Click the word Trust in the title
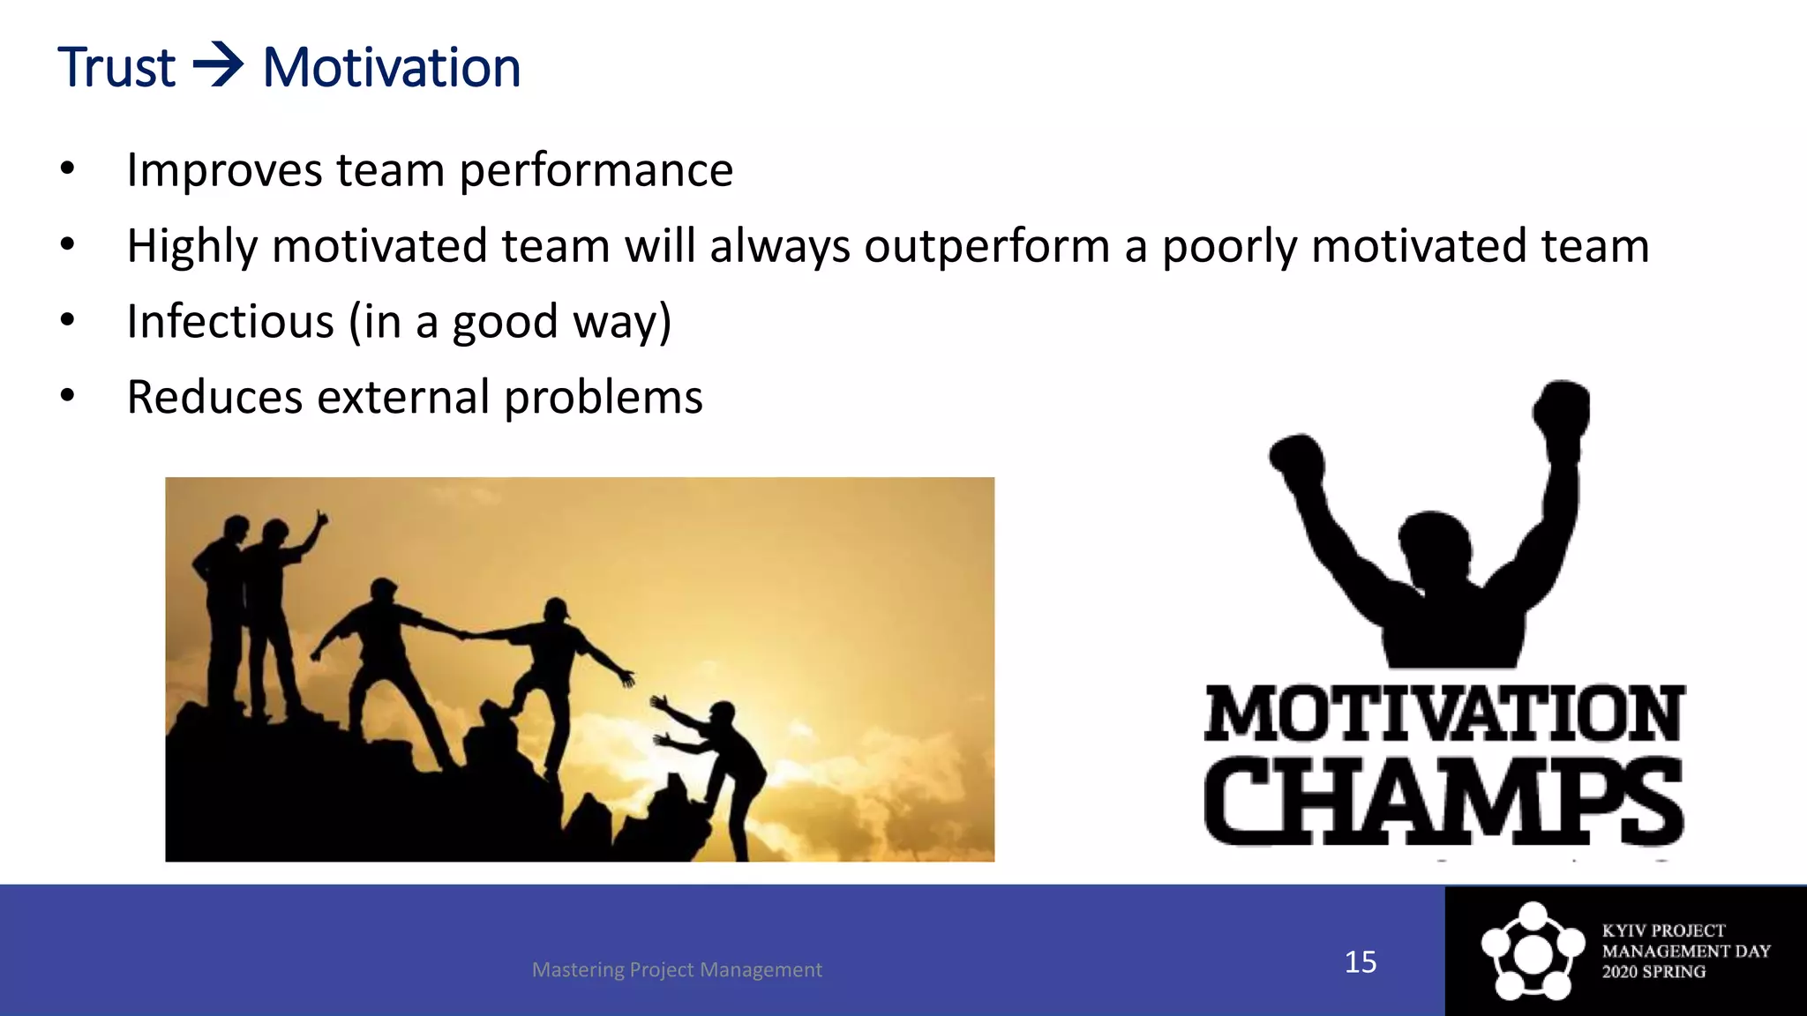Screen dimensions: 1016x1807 point(116,68)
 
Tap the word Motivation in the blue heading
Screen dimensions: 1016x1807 point(392,68)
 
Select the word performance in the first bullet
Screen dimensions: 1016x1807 point(596,170)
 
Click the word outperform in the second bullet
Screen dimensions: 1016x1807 point(986,246)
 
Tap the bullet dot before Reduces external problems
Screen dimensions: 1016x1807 point(68,396)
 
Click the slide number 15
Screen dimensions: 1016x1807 point(1360,961)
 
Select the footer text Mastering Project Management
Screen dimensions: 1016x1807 point(677,969)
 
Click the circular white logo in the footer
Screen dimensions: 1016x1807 point(1533,952)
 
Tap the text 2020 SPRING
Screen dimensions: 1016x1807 point(1653,972)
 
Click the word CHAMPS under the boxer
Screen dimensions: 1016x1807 point(1443,801)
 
